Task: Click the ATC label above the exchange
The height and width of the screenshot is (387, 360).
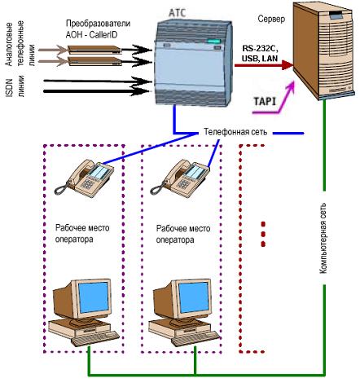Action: click(x=178, y=13)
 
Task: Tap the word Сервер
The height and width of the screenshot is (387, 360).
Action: click(x=271, y=19)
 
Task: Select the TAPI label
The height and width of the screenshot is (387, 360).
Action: click(x=265, y=102)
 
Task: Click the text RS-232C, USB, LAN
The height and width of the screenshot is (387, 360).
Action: click(x=261, y=53)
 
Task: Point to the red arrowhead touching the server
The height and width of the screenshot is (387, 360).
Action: click(x=288, y=65)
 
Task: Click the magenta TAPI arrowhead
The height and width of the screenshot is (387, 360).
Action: click(x=290, y=86)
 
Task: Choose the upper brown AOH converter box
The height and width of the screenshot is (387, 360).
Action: click(x=94, y=50)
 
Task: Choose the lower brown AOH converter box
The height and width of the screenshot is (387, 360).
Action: click(x=94, y=61)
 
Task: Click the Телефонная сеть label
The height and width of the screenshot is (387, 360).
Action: click(x=235, y=132)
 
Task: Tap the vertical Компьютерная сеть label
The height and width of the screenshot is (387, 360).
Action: click(x=323, y=238)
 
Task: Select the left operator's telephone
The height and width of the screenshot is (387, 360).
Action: click(x=84, y=177)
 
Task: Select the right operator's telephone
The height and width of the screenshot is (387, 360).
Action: click(x=179, y=177)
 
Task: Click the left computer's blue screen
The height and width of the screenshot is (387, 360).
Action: click(x=94, y=297)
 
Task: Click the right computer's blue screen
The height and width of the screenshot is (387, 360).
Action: click(x=194, y=297)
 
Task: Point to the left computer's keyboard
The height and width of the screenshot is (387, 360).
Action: click(x=95, y=338)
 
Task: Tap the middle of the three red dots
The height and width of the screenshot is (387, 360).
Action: click(x=262, y=234)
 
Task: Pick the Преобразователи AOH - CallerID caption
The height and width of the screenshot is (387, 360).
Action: click(x=98, y=29)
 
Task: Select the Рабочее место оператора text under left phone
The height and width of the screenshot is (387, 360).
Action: click(x=82, y=233)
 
